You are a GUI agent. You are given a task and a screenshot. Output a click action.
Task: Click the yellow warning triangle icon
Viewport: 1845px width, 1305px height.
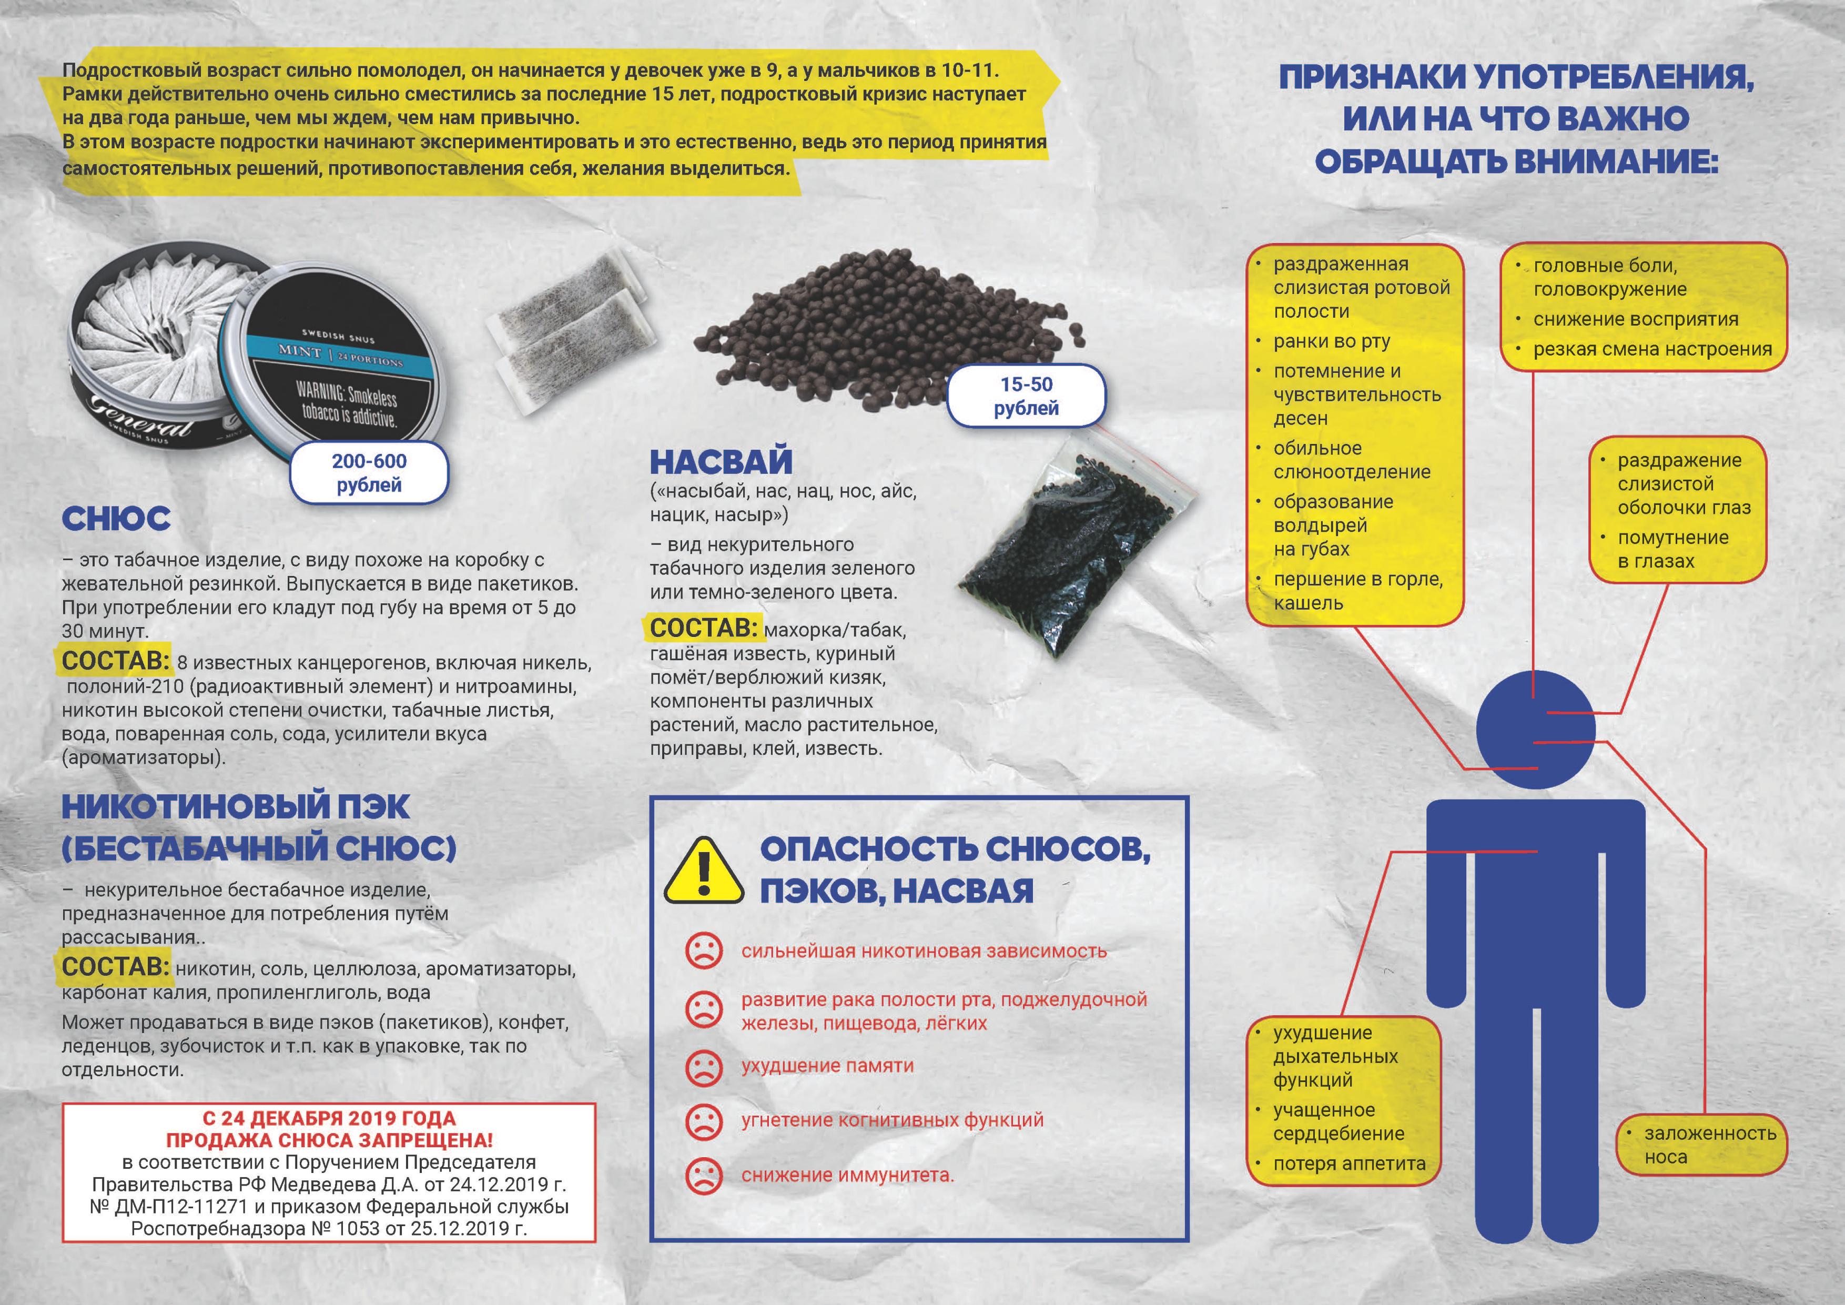(703, 873)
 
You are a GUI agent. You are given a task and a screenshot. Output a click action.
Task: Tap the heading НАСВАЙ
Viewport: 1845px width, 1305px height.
(721, 462)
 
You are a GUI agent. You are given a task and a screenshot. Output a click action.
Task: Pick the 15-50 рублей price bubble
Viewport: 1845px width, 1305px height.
(1026, 396)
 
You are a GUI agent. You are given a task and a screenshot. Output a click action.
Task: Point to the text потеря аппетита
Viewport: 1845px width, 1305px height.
(1349, 1164)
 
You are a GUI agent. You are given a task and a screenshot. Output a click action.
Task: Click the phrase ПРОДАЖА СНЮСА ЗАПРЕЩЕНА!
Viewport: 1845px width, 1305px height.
(329, 1140)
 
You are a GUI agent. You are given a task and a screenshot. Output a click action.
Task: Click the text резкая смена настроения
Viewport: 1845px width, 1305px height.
(1652, 350)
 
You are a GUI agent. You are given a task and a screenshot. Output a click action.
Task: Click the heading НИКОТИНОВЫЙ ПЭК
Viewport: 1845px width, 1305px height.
(236, 807)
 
